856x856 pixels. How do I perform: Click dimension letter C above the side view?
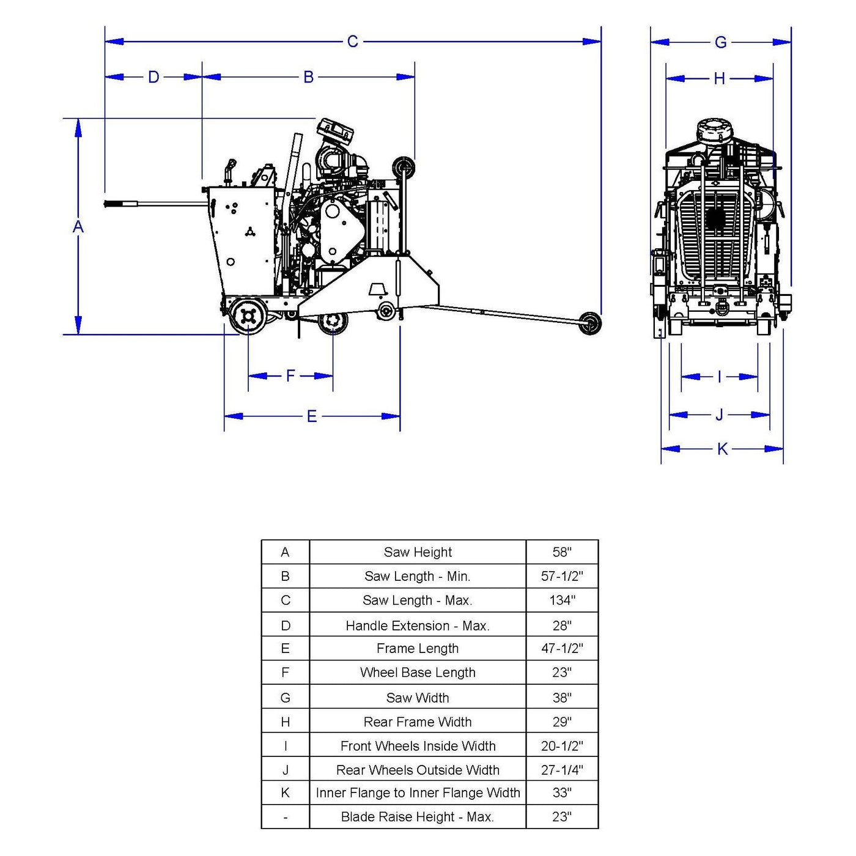click(x=353, y=42)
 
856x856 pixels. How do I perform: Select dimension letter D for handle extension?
click(x=153, y=77)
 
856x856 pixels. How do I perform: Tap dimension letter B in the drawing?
click(x=309, y=77)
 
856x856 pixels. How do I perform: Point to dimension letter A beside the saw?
click(x=78, y=227)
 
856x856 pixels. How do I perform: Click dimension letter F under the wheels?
click(x=291, y=375)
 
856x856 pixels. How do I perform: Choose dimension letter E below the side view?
click(x=312, y=416)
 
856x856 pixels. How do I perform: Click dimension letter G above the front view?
click(x=721, y=42)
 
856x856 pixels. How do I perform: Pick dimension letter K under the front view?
click(x=722, y=449)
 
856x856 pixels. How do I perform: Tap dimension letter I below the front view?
click(x=719, y=377)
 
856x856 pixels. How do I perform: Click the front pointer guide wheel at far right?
click(x=589, y=323)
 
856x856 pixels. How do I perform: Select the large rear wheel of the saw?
click(x=248, y=315)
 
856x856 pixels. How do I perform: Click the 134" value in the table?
click(x=562, y=600)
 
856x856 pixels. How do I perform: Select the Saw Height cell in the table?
click(x=418, y=552)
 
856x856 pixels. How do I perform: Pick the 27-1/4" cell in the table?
click(x=562, y=770)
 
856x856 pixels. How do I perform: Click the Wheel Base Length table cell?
click(x=418, y=673)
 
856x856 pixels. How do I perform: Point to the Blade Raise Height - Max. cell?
click(x=418, y=817)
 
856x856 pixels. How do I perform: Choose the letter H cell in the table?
click(x=286, y=722)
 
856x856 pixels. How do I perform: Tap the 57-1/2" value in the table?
click(x=562, y=576)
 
